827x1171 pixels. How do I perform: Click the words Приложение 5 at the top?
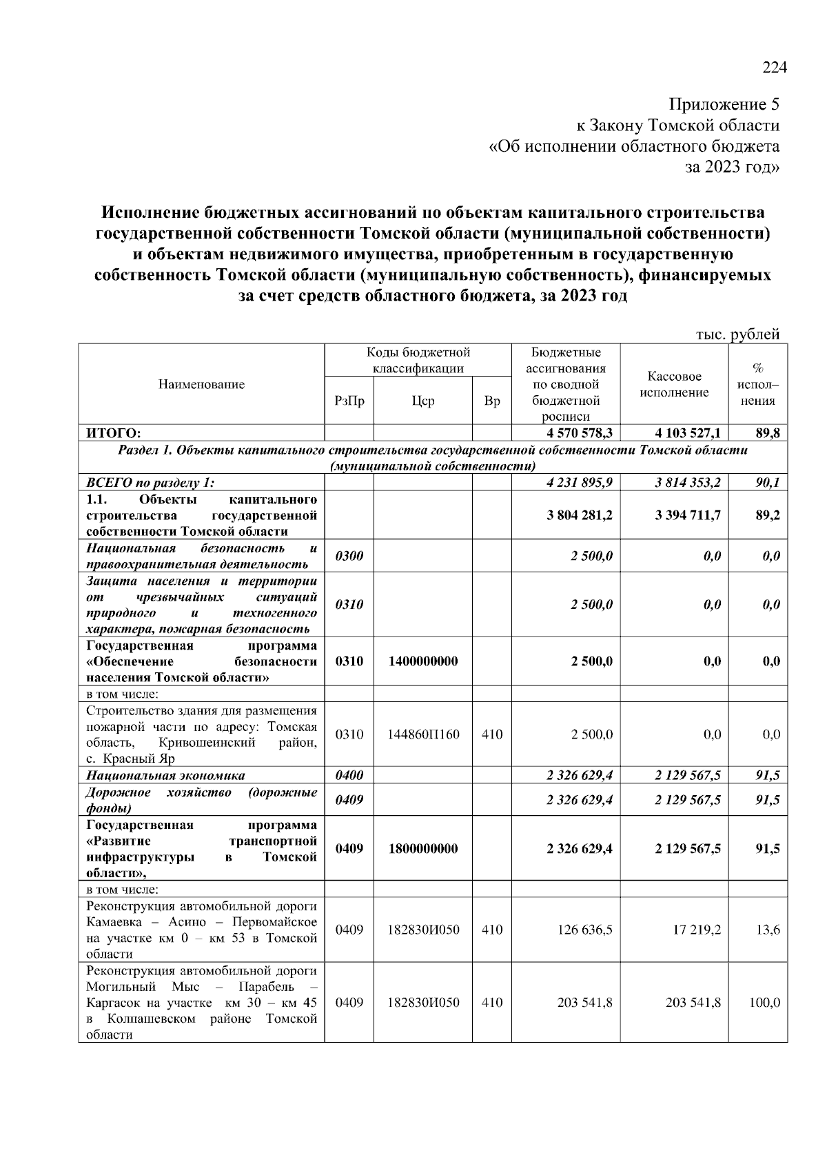point(724,105)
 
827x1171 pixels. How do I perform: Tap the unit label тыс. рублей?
point(737,334)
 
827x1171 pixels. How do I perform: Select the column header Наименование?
point(201,384)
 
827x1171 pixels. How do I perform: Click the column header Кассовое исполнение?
point(674,384)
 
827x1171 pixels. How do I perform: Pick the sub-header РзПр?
point(349,401)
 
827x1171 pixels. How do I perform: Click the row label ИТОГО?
point(114,433)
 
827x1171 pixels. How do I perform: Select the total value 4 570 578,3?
point(580,433)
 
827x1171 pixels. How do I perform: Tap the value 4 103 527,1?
point(688,433)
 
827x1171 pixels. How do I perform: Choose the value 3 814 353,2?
point(688,482)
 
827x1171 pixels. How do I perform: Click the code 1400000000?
point(423,661)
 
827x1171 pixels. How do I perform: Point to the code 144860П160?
point(423,734)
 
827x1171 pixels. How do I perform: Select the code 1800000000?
point(423,849)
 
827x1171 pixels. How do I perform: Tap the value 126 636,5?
point(584,930)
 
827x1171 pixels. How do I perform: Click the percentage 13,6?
point(768,930)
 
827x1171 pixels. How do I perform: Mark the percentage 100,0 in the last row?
point(765,1003)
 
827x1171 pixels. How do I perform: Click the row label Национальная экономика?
point(165,775)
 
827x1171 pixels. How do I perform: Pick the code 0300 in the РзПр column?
point(349,556)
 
